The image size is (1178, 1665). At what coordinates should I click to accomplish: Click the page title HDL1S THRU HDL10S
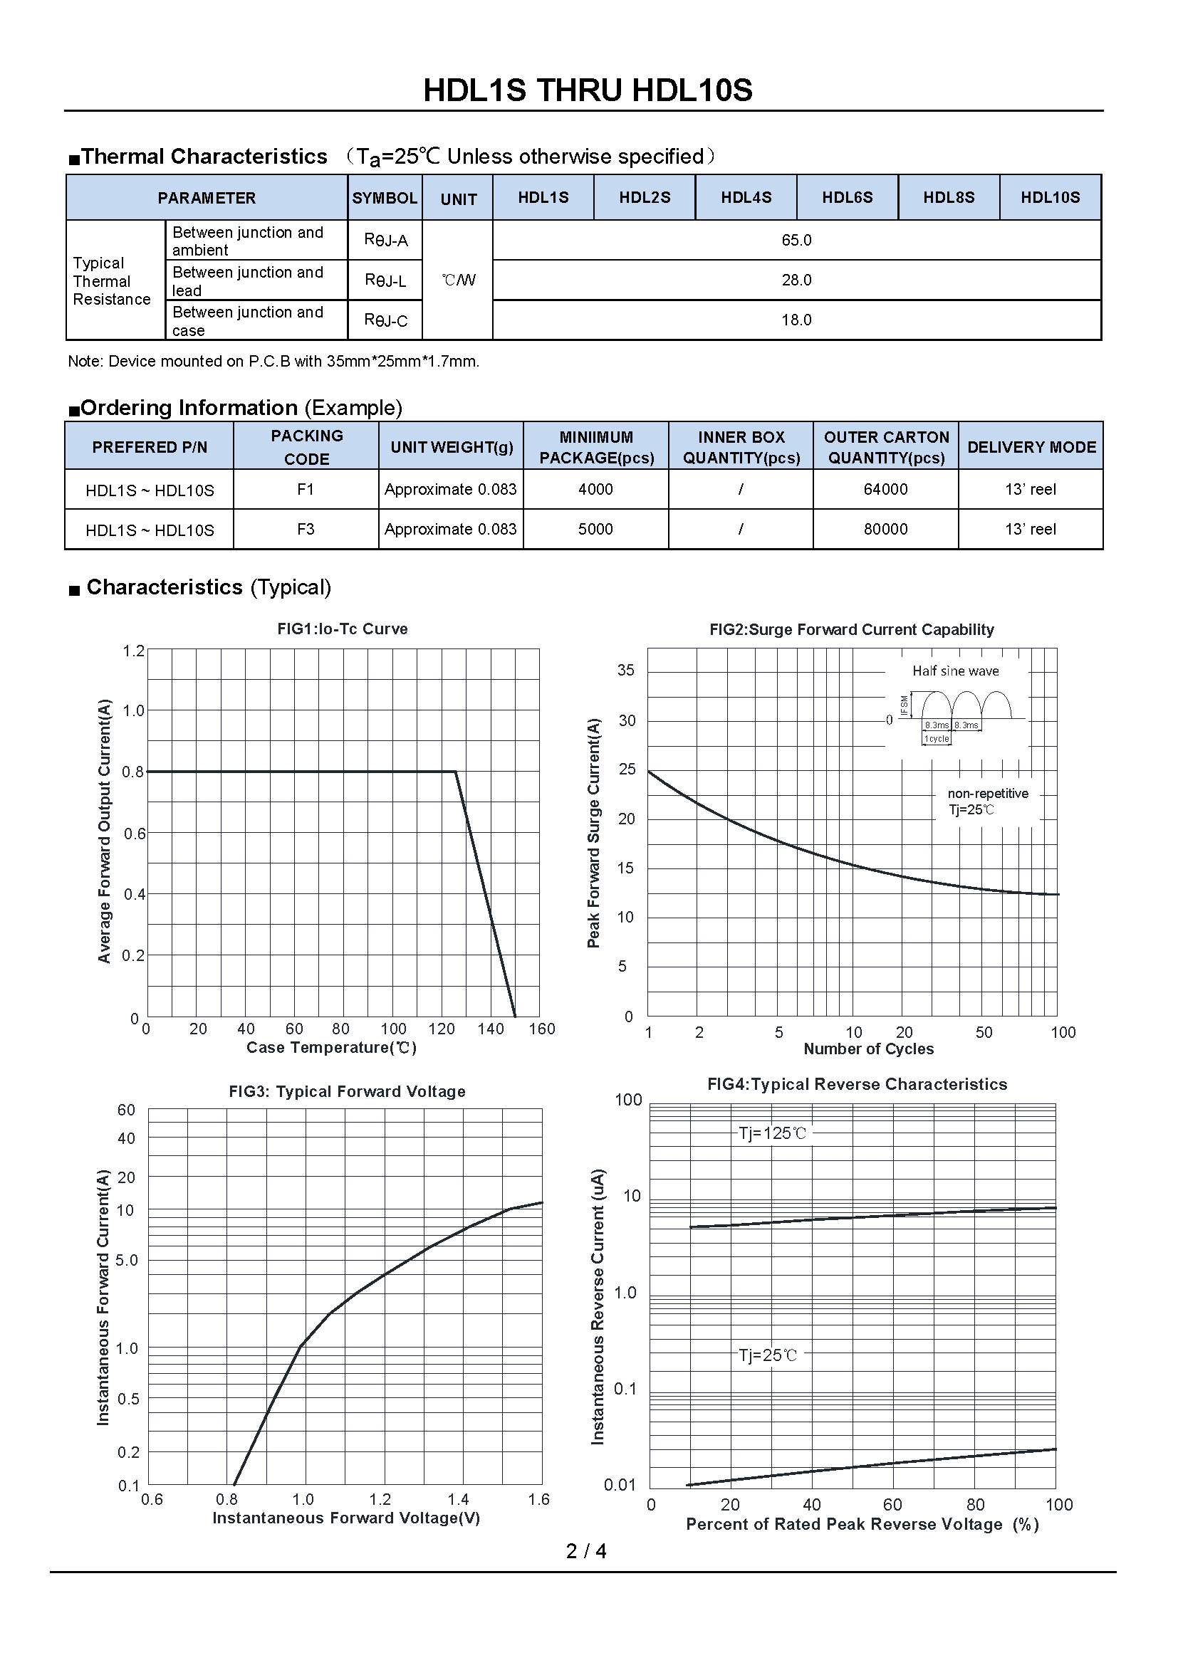pyautogui.click(x=588, y=90)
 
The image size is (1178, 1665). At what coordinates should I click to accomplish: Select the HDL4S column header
pyautogui.click(x=746, y=197)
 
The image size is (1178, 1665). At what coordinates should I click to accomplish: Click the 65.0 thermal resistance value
pyautogui.click(x=796, y=240)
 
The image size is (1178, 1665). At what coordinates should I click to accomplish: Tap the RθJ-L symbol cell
pyautogui.click(x=385, y=280)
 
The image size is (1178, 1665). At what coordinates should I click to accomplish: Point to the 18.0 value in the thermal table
pyautogui.click(x=796, y=320)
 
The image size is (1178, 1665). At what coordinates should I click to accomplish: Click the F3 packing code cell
pyautogui.click(x=306, y=530)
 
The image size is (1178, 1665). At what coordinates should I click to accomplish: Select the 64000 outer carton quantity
pyautogui.click(x=885, y=490)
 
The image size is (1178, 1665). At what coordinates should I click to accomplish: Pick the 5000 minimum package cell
pyautogui.click(x=595, y=530)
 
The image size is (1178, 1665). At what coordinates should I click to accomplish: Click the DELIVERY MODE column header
pyautogui.click(x=1031, y=447)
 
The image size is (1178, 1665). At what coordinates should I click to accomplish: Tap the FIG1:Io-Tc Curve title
pyautogui.click(x=343, y=629)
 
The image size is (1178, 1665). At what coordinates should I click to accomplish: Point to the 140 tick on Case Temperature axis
pyautogui.click(x=490, y=1029)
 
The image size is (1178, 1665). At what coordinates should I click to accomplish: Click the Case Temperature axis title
pyautogui.click(x=331, y=1047)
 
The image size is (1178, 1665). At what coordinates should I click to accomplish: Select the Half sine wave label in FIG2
pyautogui.click(x=955, y=671)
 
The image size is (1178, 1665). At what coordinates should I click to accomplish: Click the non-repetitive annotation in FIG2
pyautogui.click(x=987, y=793)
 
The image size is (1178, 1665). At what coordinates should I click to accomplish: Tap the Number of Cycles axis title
pyautogui.click(x=868, y=1049)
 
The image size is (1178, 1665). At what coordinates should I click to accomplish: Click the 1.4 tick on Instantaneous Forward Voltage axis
pyautogui.click(x=458, y=1499)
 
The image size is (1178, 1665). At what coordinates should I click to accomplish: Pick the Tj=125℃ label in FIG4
pyautogui.click(x=772, y=1133)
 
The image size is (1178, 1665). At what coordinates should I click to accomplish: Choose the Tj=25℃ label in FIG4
pyautogui.click(x=768, y=1355)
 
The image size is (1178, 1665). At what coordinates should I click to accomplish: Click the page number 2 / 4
pyautogui.click(x=586, y=1551)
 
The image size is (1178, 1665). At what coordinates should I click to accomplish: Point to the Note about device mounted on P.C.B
pyautogui.click(x=273, y=361)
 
